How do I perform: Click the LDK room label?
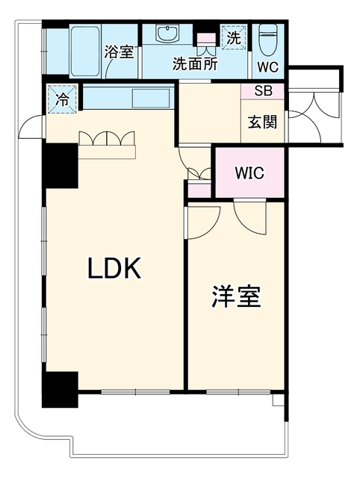(x=114, y=268)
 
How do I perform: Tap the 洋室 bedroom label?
(x=237, y=296)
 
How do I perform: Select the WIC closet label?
(x=249, y=173)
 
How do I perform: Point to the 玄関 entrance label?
(x=262, y=122)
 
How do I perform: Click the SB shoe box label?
(x=264, y=90)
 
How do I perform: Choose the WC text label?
(x=268, y=67)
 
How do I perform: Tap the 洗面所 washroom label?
(x=195, y=63)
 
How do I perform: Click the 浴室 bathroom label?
(x=120, y=52)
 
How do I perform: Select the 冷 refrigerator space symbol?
(x=62, y=99)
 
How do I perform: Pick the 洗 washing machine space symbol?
(x=234, y=37)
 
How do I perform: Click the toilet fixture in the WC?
(x=267, y=40)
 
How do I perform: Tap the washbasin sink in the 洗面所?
(x=167, y=33)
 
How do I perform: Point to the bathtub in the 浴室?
(x=85, y=52)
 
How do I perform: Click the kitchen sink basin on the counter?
(x=151, y=98)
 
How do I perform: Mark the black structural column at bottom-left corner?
(x=60, y=390)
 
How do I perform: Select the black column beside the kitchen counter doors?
(x=60, y=166)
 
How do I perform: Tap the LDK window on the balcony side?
(x=135, y=391)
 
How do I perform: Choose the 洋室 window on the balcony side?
(x=238, y=391)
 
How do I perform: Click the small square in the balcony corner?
(x=278, y=400)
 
